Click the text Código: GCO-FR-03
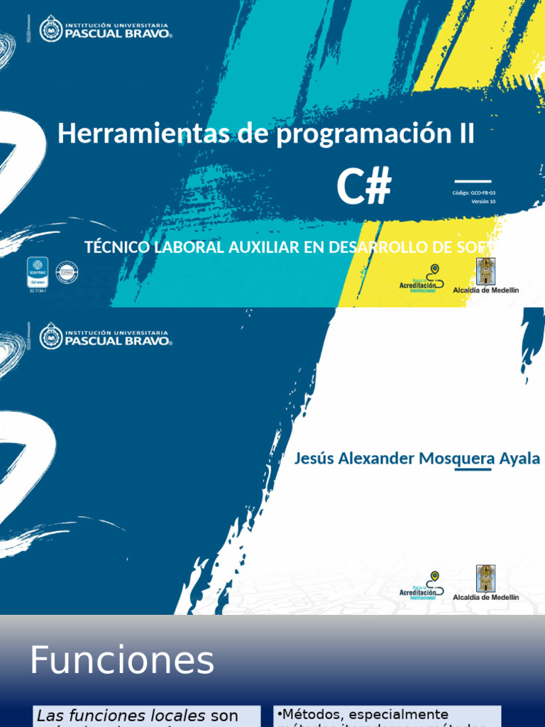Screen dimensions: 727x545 (473, 192)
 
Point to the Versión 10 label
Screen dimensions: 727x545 (483, 202)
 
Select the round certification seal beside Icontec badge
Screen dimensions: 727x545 (67, 273)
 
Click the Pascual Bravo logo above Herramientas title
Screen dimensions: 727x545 (106, 29)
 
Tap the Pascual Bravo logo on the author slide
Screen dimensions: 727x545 (106, 336)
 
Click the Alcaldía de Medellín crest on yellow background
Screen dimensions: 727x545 (485, 271)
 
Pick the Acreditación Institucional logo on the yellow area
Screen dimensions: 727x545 (423, 278)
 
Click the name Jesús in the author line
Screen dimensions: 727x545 (314, 459)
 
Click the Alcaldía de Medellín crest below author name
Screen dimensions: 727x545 (485, 578)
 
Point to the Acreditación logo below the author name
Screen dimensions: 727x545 (423, 586)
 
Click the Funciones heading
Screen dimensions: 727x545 (121, 661)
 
